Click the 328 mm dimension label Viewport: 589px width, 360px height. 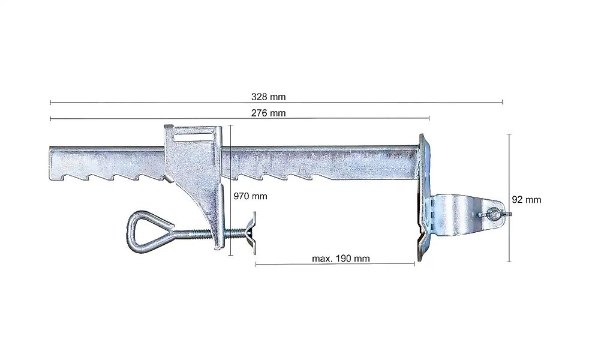point(268,97)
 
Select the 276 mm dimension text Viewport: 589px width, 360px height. point(268,113)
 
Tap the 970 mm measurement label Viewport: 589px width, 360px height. point(250,196)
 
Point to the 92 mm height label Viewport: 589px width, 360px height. point(526,200)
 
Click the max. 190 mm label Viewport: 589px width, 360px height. point(341,259)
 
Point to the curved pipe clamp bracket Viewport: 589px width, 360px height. point(466,214)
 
